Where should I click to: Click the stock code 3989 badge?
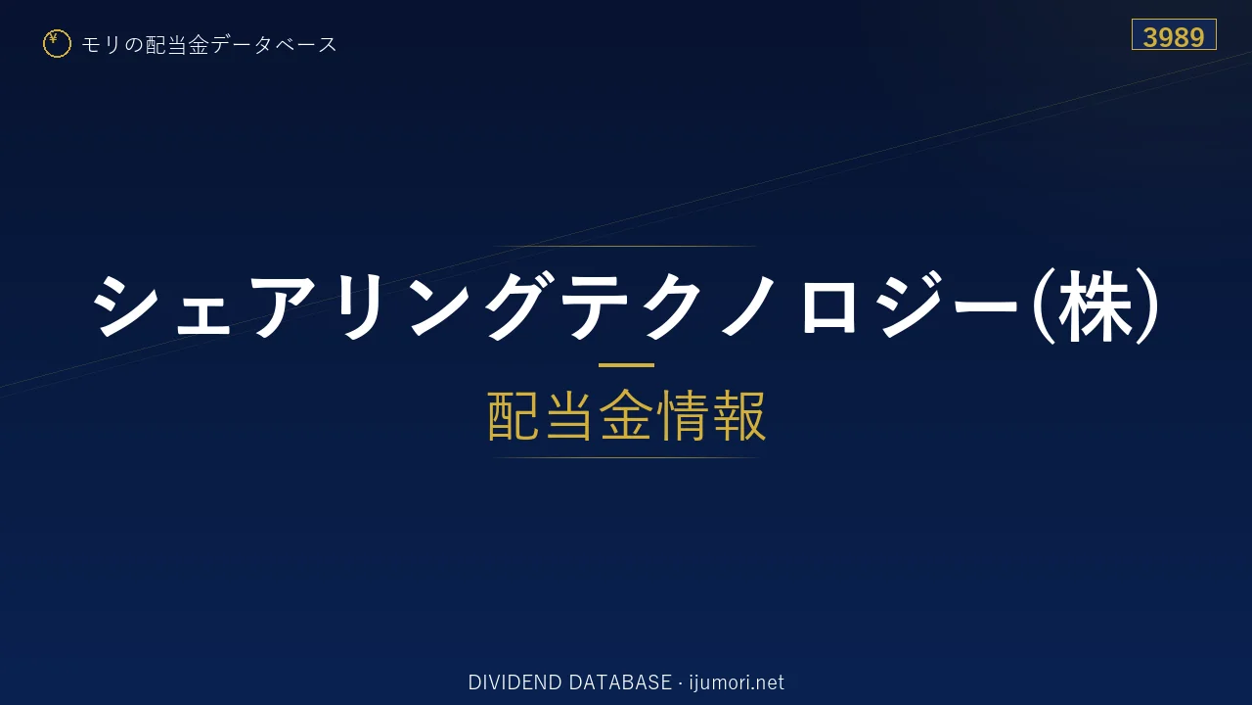point(1174,34)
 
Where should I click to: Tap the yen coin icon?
point(57,44)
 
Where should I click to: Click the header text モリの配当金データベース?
point(209,45)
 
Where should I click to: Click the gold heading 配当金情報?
point(627,416)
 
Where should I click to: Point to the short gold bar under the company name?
point(626,365)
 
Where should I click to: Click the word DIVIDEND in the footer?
point(514,682)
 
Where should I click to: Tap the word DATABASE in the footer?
point(620,682)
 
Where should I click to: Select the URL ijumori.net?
point(737,682)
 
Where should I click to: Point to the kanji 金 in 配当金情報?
point(626,416)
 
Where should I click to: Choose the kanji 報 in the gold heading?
point(739,416)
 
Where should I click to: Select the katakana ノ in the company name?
point(749,306)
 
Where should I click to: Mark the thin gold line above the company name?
point(626,246)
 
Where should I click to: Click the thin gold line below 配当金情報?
point(626,457)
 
